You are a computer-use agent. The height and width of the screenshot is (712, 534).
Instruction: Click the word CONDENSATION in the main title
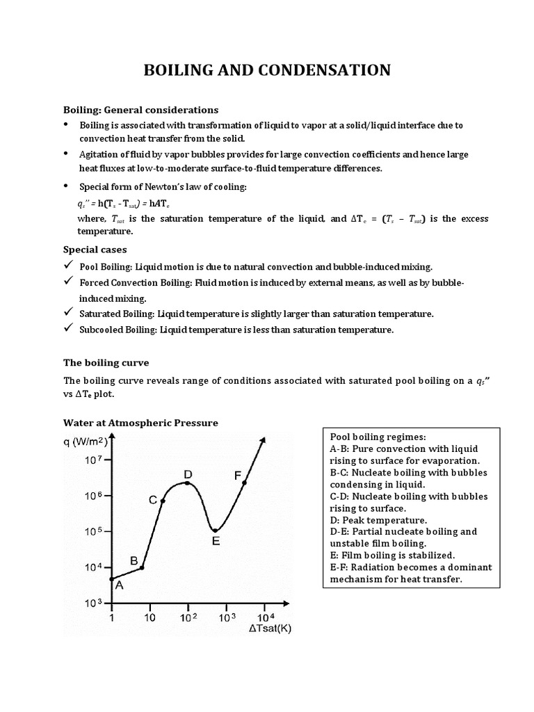[x=324, y=70]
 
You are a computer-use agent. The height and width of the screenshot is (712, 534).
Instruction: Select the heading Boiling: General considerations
[x=141, y=110]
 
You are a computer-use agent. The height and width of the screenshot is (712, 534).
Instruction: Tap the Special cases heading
[x=95, y=249]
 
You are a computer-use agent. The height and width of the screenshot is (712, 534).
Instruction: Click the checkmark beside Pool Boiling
[x=68, y=266]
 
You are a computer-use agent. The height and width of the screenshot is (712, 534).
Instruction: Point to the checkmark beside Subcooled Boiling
[x=68, y=330]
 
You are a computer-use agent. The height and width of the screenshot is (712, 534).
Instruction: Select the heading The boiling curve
[x=106, y=363]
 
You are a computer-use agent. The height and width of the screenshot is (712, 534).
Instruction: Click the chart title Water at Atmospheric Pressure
[x=141, y=423]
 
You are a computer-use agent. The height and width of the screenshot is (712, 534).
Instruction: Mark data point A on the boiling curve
[x=111, y=578]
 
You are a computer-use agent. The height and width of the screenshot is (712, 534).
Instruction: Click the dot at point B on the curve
[x=142, y=568]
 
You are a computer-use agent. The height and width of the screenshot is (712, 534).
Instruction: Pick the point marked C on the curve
[x=163, y=501]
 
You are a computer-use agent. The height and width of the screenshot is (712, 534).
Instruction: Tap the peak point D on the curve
[x=187, y=483]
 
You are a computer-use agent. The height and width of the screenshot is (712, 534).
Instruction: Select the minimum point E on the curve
[x=215, y=531]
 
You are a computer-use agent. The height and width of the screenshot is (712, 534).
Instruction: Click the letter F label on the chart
[x=237, y=476]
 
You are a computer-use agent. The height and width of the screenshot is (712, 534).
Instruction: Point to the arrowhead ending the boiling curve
[x=264, y=440]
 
